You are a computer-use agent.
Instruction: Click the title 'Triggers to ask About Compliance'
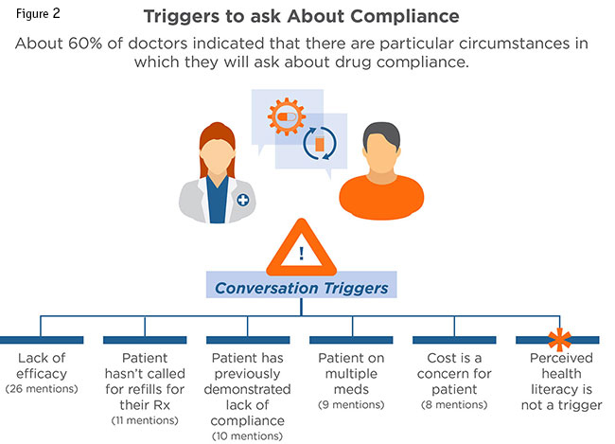coord(307,17)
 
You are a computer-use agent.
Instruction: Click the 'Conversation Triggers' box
coord(301,284)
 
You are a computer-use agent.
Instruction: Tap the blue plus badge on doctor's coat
coord(243,200)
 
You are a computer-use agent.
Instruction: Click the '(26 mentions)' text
coord(41,389)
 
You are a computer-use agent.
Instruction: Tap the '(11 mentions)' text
coord(143,418)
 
